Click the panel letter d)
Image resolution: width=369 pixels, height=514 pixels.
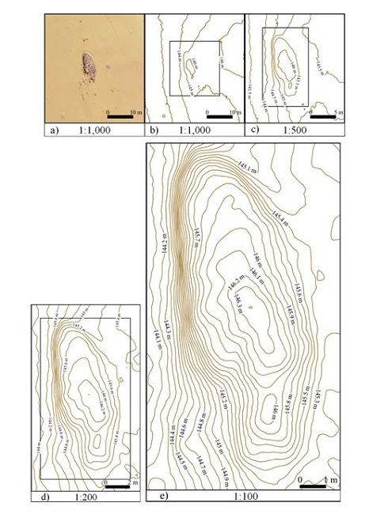click(35, 497)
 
